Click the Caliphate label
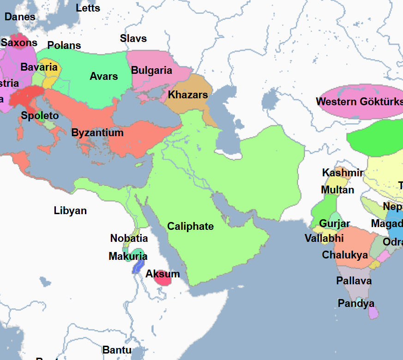[190, 226]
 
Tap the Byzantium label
[97, 133]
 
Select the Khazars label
[188, 95]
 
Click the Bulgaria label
[151, 71]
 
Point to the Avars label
[104, 76]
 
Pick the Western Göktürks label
[359, 102]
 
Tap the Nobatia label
[129, 238]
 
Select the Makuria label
[128, 256]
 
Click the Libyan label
[70, 211]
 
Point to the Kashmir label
[343, 173]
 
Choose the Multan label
[337, 190]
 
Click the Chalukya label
[345, 255]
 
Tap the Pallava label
[354, 281]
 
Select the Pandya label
[356, 303]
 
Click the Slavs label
[133, 38]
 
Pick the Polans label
[64, 45]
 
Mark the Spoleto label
[40, 115]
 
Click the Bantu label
[117, 350]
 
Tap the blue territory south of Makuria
[138, 267]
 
